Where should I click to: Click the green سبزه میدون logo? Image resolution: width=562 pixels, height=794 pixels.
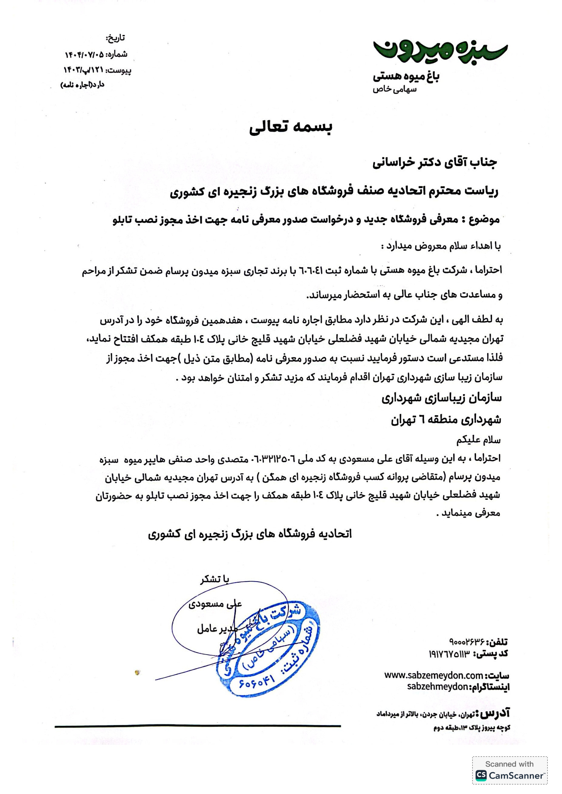coord(440,51)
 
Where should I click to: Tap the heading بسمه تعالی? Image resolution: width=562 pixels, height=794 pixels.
coord(291,128)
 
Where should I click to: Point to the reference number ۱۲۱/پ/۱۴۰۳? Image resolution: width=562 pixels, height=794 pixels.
coord(83,70)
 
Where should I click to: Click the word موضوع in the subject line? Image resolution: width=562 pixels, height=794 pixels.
coord(484,219)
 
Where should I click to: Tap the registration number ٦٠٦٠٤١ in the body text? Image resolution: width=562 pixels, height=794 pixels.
coord(308,271)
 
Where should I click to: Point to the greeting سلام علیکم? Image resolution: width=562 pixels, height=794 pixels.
coord(478,440)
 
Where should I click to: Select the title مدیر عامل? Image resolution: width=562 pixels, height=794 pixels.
coord(217,628)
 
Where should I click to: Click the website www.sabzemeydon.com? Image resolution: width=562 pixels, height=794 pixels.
coord(433,675)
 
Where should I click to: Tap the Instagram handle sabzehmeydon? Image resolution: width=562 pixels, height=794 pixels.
coord(438,686)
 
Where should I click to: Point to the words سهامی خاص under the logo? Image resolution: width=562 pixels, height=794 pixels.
coord(395,90)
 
